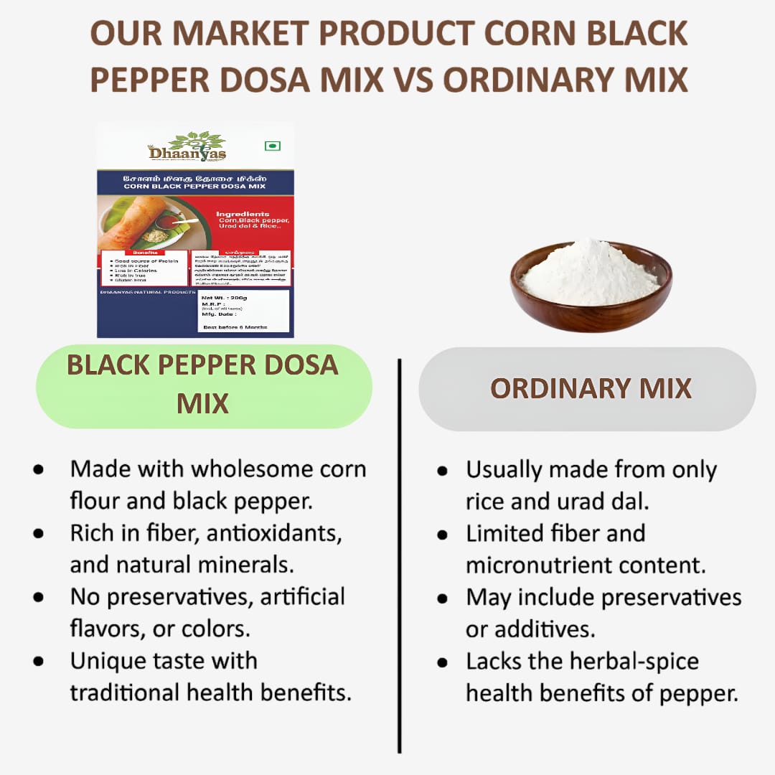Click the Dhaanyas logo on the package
[187, 146]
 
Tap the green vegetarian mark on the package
[272, 146]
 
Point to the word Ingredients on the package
[243, 214]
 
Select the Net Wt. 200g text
[225, 297]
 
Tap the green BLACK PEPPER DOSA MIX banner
[203, 385]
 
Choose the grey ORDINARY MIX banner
[590, 388]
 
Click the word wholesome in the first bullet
[234, 469]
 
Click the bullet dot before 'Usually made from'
[442, 471]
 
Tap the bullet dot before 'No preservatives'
[38, 597]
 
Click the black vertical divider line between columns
[399, 553]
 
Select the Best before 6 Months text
[235, 327]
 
